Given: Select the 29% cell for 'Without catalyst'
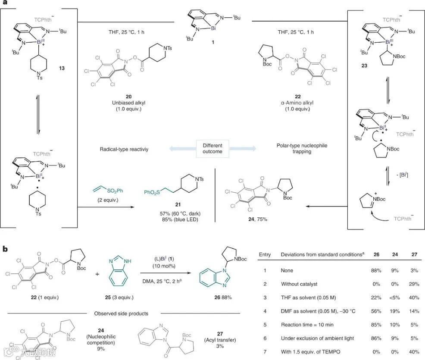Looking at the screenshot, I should [412, 284].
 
